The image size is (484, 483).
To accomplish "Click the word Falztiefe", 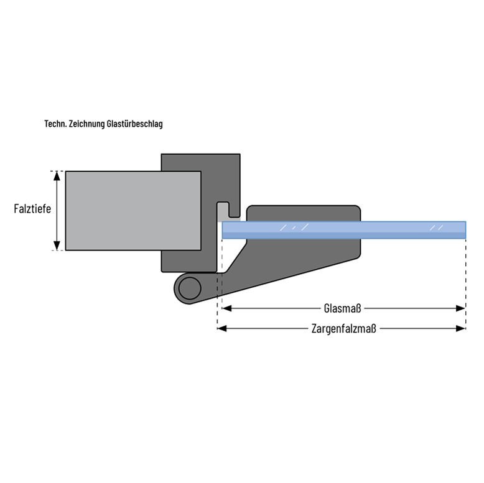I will (x=32, y=209).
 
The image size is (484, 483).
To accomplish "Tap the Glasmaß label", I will (x=343, y=308).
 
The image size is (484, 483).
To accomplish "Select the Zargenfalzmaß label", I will (x=343, y=328).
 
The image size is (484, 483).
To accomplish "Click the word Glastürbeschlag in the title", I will (x=134, y=124).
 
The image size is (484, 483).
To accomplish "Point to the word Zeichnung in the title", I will (x=85, y=124).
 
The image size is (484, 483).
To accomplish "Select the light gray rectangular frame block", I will (x=133, y=210).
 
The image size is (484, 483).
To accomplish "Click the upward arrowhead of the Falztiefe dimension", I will (x=57, y=175).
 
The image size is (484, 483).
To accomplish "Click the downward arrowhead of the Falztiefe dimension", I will (x=57, y=246).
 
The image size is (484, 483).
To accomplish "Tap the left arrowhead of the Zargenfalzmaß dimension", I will (x=221, y=328).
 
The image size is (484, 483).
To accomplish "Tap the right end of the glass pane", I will (x=464, y=230).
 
